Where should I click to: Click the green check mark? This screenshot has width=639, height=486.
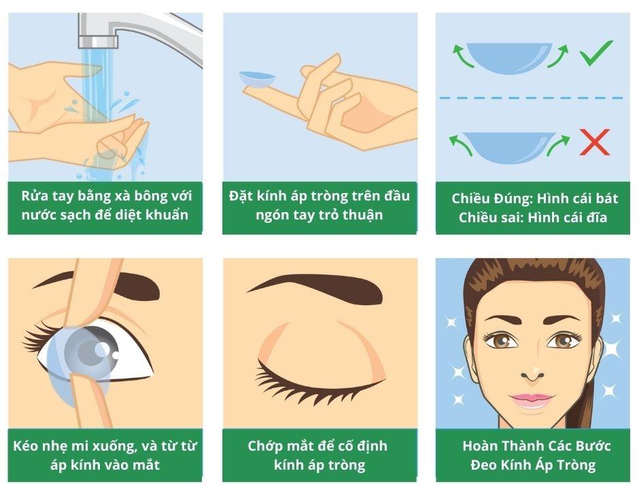596,53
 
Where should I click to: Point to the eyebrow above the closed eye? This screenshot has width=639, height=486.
313,284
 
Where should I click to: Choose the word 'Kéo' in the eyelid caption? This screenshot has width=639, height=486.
27,447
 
